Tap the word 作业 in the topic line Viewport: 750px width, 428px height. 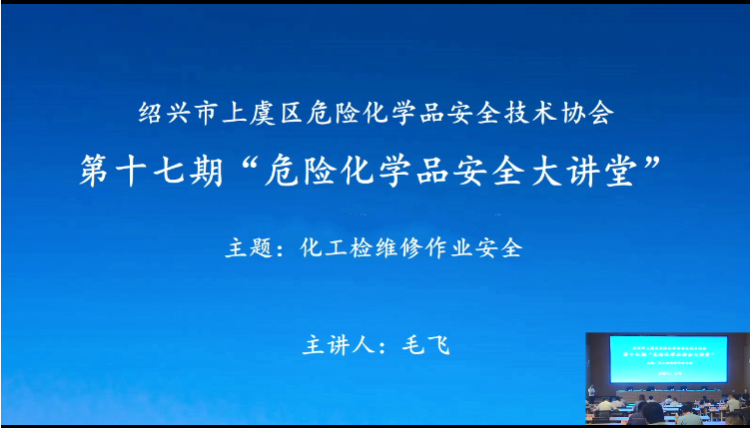pos(449,248)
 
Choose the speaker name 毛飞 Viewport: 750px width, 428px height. pos(426,345)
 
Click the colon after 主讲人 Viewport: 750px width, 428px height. pos(383,346)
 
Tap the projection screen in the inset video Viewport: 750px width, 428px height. pos(668,359)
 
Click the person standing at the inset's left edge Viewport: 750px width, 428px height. pos(591,394)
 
